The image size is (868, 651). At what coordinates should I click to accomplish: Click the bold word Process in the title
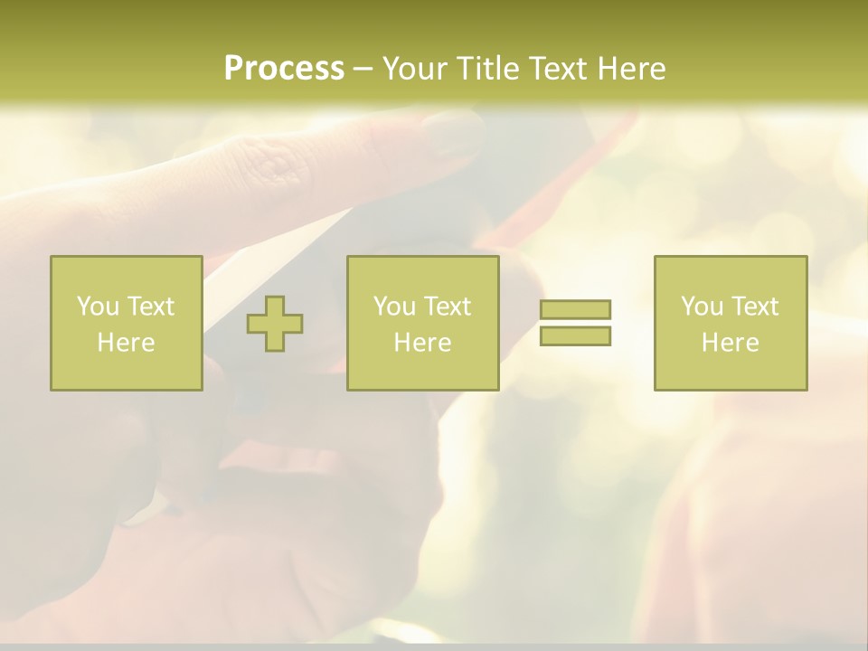pyautogui.click(x=284, y=69)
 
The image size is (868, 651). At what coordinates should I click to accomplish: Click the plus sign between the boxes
pyautogui.click(x=275, y=324)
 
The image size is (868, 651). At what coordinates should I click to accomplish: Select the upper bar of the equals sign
pyautogui.click(x=575, y=309)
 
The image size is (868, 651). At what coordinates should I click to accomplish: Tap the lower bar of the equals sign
pyautogui.click(x=575, y=336)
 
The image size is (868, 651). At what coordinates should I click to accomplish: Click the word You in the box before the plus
pyautogui.click(x=98, y=307)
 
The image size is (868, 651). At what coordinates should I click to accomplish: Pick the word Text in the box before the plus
pyautogui.click(x=151, y=307)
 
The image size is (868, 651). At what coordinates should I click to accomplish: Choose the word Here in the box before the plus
pyautogui.click(x=126, y=343)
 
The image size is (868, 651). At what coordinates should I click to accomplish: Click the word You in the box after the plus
pyautogui.click(x=394, y=307)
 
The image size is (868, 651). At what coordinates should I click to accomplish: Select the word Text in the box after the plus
pyautogui.click(x=448, y=307)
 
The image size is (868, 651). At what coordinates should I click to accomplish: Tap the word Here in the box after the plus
pyautogui.click(x=422, y=343)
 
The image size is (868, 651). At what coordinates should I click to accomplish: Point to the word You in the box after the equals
pyautogui.click(x=702, y=307)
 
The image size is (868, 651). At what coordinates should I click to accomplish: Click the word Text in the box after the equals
pyautogui.click(x=755, y=307)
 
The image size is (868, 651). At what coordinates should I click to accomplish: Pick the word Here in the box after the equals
pyautogui.click(x=730, y=343)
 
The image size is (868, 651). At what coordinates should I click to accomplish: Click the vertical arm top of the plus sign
pyautogui.click(x=275, y=305)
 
